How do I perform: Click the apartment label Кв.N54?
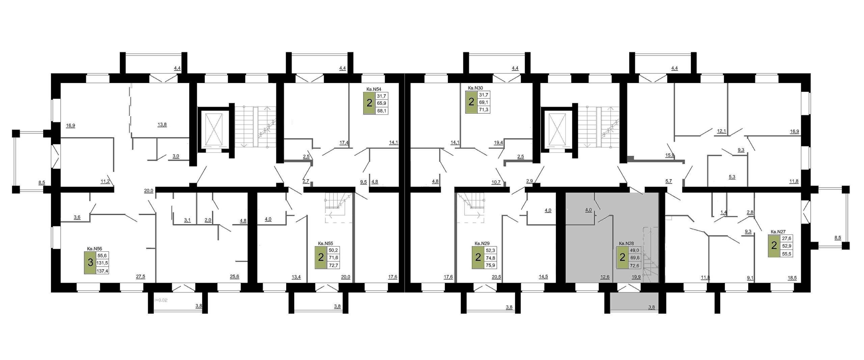pyautogui.click(x=374, y=89)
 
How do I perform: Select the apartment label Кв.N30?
pyautogui.click(x=475, y=88)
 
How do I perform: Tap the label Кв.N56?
pyautogui.click(x=94, y=249)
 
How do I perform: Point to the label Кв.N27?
pyautogui.click(x=778, y=232)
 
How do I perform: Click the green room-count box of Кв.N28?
pyautogui.click(x=622, y=258)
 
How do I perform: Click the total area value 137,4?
pyautogui.click(x=102, y=271)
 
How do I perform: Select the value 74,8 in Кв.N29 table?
pyautogui.click(x=490, y=258)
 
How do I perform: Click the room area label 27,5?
pyautogui.click(x=140, y=276)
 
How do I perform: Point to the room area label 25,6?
pyautogui.click(x=234, y=277)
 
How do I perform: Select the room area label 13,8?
pyautogui.click(x=162, y=124)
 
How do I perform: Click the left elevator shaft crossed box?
pyautogui.click(x=215, y=129)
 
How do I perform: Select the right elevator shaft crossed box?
pyautogui.click(x=558, y=129)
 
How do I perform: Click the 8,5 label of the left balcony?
pyautogui.click(x=42, y=183)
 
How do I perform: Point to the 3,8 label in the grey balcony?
pyautogui.click(x=651, y=307)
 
